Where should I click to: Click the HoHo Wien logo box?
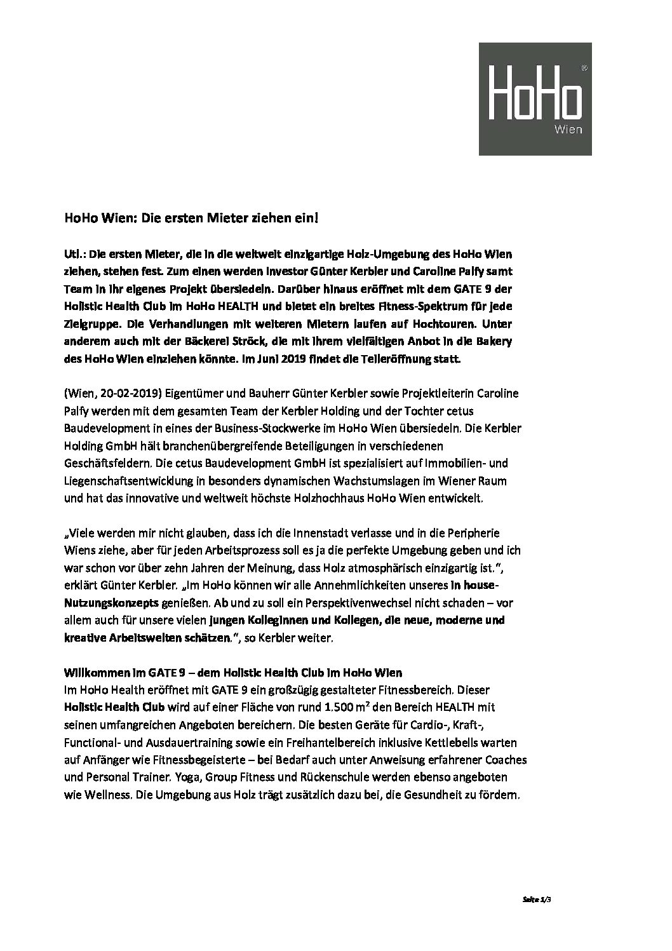(535, 98)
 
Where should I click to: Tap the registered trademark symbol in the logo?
(584, 66)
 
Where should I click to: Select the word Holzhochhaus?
(340, 499)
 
